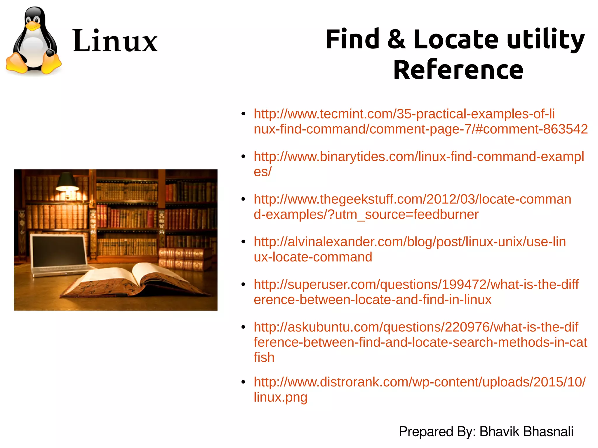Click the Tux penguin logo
coord(33,41)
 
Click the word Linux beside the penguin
coord(115,41)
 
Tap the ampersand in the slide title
coord(396,39)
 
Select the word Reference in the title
coord(458,70)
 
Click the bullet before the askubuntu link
coord(243,327)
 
